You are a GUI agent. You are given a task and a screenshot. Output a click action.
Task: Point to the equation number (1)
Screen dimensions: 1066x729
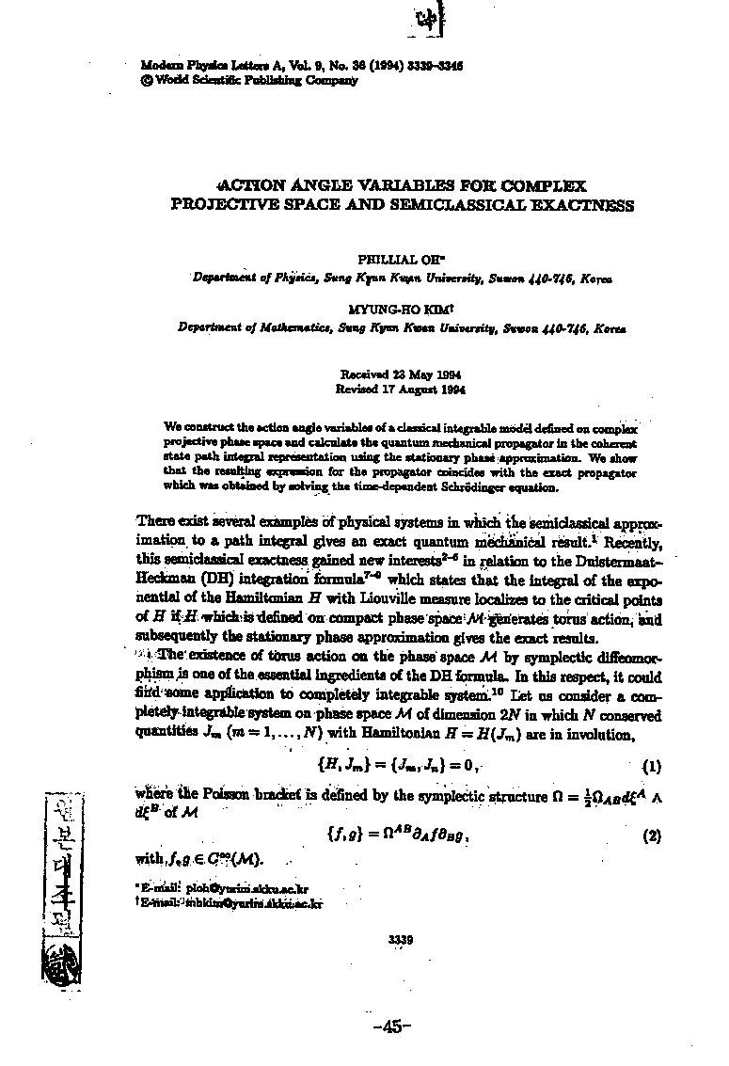pos(651,766)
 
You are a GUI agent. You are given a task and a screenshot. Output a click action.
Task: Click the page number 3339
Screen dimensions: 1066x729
pos(401,938)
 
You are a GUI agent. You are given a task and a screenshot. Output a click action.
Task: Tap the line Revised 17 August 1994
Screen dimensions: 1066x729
pos(401,388)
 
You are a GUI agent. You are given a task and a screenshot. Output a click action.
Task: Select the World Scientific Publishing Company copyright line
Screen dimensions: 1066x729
pos(248,80)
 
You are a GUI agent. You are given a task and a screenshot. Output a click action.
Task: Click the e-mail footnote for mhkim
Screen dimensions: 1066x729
pos(230,902)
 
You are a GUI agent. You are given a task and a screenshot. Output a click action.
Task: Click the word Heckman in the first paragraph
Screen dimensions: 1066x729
pos(166,583)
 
